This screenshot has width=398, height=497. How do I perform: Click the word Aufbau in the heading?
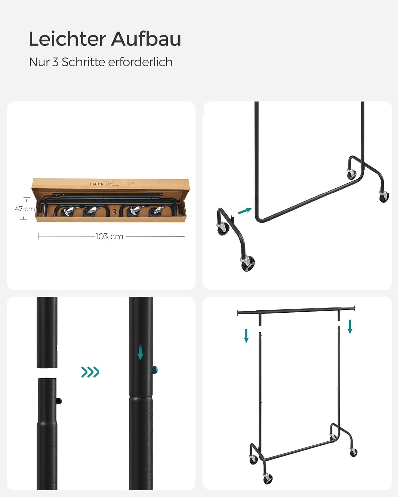pyautogui.click(x=146, y=39)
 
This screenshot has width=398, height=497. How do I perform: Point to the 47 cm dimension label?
pyautogui.click(x=25, y=209)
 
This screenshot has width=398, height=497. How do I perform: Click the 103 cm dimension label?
pyautogui.click(x=109, y=237)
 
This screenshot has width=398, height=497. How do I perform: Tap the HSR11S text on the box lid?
pyautogui.click(x=97, y=184)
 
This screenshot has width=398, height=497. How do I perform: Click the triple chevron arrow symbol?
pyautogui.click(x=90, y=372)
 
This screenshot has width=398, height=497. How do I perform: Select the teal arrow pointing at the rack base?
pyautogui.click(x=245, y=211)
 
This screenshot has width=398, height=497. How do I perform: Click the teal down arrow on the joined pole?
pyautogui.click(x=140, y=352)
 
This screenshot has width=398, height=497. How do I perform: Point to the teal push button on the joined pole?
pyautogui.click(x=155, y=369)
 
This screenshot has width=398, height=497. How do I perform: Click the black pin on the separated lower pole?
pyautogui.click(x=59, y=401)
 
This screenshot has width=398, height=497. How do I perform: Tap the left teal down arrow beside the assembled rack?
pyautogui.click(x=246, y=335)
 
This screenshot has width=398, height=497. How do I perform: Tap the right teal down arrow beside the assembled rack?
pyautogui.click(x=350, y=327)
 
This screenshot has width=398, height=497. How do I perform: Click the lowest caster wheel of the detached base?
pyautogui.click(x=248, y=264)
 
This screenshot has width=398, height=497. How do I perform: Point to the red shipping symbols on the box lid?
pyautogui.click(x=128, y=183)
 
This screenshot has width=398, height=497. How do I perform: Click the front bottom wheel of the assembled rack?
pyautogui.click(x=268, y=478)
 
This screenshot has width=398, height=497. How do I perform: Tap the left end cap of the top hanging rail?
pyautogui.click(x=238, y=312)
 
